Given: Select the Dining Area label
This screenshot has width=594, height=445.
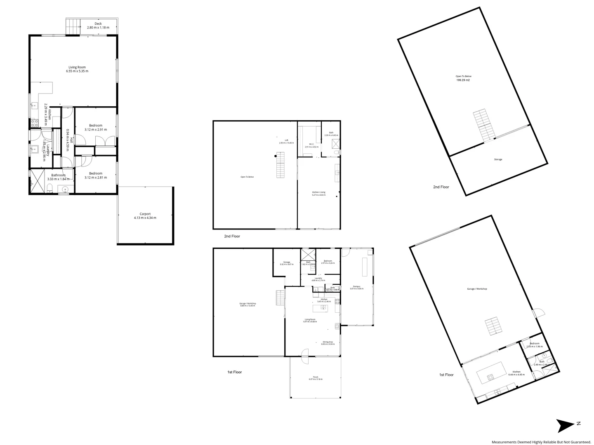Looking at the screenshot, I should [x=328, y=342].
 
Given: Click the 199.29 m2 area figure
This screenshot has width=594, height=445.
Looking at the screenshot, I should [x=463, y=80].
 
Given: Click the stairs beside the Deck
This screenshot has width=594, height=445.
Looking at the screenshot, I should [x=73, y=27].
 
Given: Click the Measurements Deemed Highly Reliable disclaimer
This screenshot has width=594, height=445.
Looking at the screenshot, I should [x=541, y=442].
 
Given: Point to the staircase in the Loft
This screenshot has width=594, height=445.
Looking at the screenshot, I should [x=280, y=165].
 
